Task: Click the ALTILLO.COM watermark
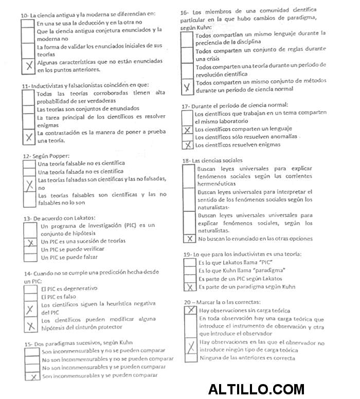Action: click(256, 389)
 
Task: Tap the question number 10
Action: click(24, 15)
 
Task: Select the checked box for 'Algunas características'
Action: click(28, 65)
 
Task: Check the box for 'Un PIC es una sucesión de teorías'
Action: click(31, 242)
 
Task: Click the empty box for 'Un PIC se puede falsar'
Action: click(31, 257)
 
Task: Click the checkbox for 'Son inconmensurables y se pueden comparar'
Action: click(32, 376)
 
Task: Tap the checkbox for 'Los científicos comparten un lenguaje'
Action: click(188, 129)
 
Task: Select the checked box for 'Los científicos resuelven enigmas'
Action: click(188, 145)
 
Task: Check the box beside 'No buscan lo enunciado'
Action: click(189, 239)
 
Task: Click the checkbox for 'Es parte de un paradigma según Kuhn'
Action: click(190, 287)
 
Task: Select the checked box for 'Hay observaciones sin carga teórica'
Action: click(191, 310)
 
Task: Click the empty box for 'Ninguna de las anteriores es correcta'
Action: click(191, 358)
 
